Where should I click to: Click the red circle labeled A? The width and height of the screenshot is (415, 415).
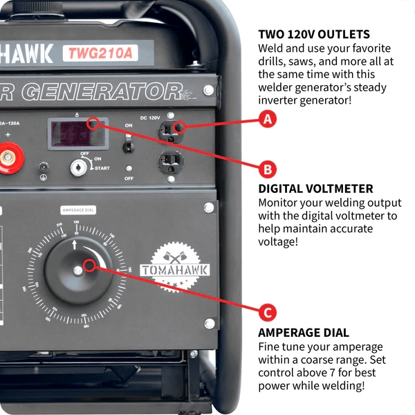point(268,119)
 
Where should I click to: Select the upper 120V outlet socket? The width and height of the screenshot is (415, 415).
point(170,127)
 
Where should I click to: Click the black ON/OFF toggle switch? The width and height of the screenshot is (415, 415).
point(129,145)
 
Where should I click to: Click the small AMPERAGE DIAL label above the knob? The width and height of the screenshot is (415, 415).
point(78,210)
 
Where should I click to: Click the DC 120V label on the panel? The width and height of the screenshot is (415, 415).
point(149,118)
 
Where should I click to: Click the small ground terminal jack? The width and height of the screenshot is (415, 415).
point(45,167)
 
